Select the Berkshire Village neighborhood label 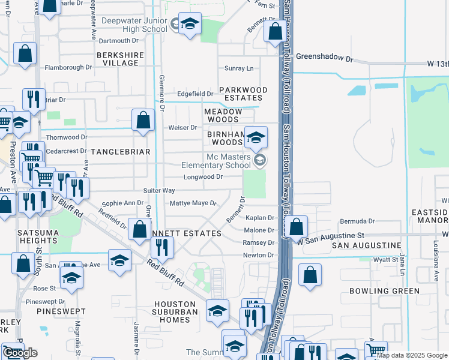coord(118,59)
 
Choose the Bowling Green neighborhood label coord(384,291)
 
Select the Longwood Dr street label coord(203,177)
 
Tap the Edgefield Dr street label coord(195,94)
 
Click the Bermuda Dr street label coord(359,221)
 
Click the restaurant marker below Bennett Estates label coord(162,247)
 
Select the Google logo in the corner coord(21,353)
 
